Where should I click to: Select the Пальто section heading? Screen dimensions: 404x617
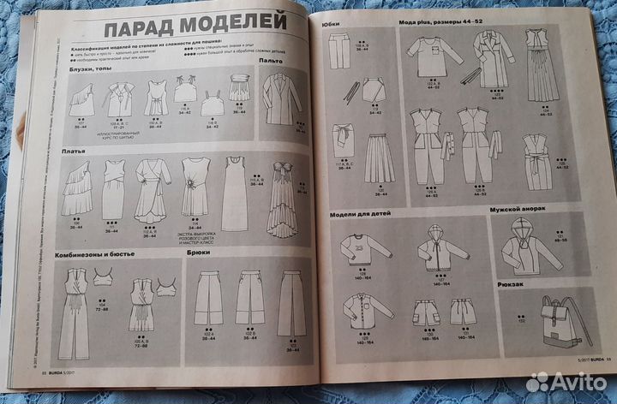click(273, 62)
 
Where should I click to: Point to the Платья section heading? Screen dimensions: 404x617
click(73, 151)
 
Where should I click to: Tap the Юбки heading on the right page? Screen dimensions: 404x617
click(332, 27)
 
